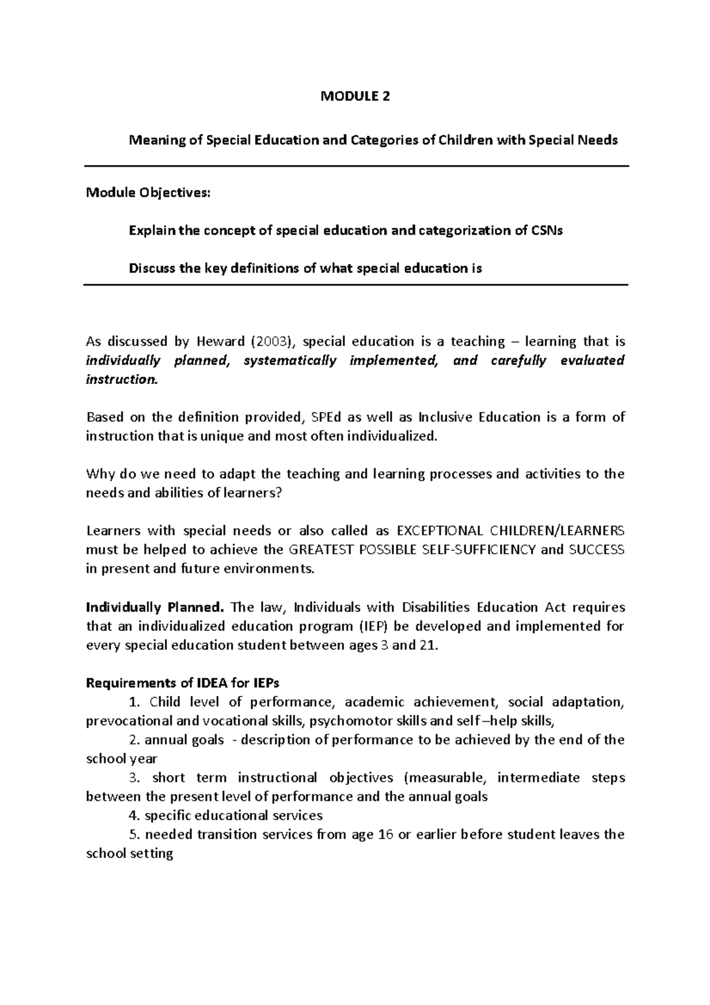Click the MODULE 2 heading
(x=355, y=97)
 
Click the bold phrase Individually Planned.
(x=156, y=607)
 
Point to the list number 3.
(x=132, y=778)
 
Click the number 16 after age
(x=385, y=834)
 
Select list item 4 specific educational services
(x=225, y=815)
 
